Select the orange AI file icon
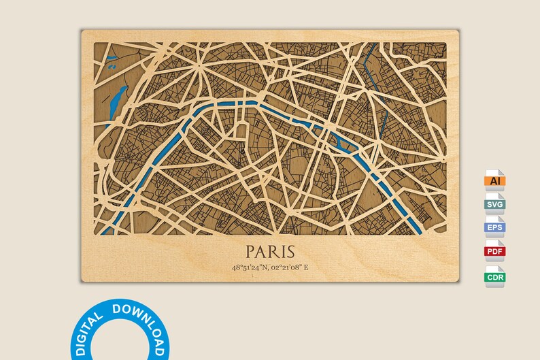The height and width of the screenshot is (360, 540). click(494, 180)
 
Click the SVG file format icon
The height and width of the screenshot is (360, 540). click(494, 203)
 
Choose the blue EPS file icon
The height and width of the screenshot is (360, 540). click(494, 227)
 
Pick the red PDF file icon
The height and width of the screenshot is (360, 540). click(494, 251)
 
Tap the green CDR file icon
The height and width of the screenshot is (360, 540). click(494, 276)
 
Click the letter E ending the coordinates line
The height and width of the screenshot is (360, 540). click(305, 267)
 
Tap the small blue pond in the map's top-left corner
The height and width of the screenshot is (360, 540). click(112, 66)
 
